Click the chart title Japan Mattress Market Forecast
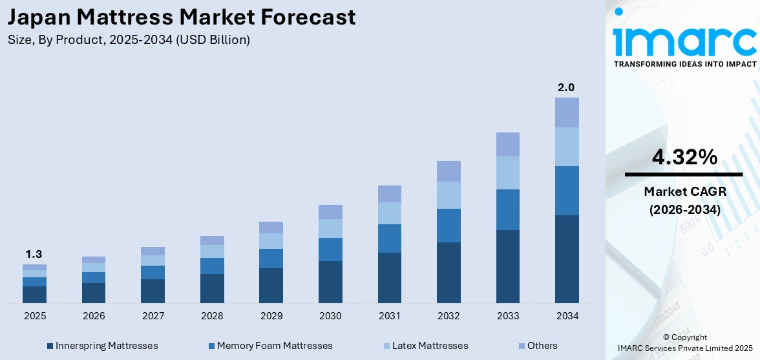[182, 17]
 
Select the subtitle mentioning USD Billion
[129, 40]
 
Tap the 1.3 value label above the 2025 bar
[34, 254]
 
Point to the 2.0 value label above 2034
[567, 87]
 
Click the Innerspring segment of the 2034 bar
[567, 259]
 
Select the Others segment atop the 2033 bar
[507, 144]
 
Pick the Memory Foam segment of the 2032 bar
[449, 225]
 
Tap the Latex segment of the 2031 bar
[389, 213]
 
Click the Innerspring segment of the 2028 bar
[212, 288]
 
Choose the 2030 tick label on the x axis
[330, 316]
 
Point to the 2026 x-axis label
[93, 316]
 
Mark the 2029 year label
[271, 316]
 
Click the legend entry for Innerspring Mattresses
[102, 346]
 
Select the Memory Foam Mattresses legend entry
[270, 346]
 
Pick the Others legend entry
[537, 346]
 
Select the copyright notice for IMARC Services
[685, 342]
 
